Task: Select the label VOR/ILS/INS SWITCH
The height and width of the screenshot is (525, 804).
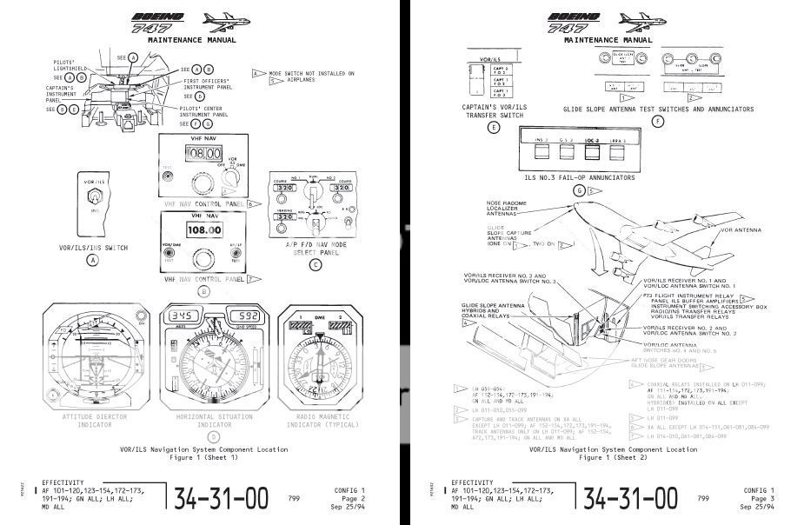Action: (91, 248)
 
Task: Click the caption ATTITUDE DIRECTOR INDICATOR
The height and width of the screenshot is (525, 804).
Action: (93, 421)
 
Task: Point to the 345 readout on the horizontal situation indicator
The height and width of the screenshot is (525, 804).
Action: (184, 316)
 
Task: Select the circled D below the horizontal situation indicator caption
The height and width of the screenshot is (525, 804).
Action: (203, 435)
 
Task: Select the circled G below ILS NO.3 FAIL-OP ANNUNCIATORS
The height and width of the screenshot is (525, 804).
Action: (580, 190)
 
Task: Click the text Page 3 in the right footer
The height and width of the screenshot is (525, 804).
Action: (762, 498)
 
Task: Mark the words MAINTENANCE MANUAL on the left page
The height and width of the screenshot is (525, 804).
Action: (192, 40)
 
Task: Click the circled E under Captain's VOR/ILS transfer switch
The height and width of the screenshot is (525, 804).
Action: (494, 127)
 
